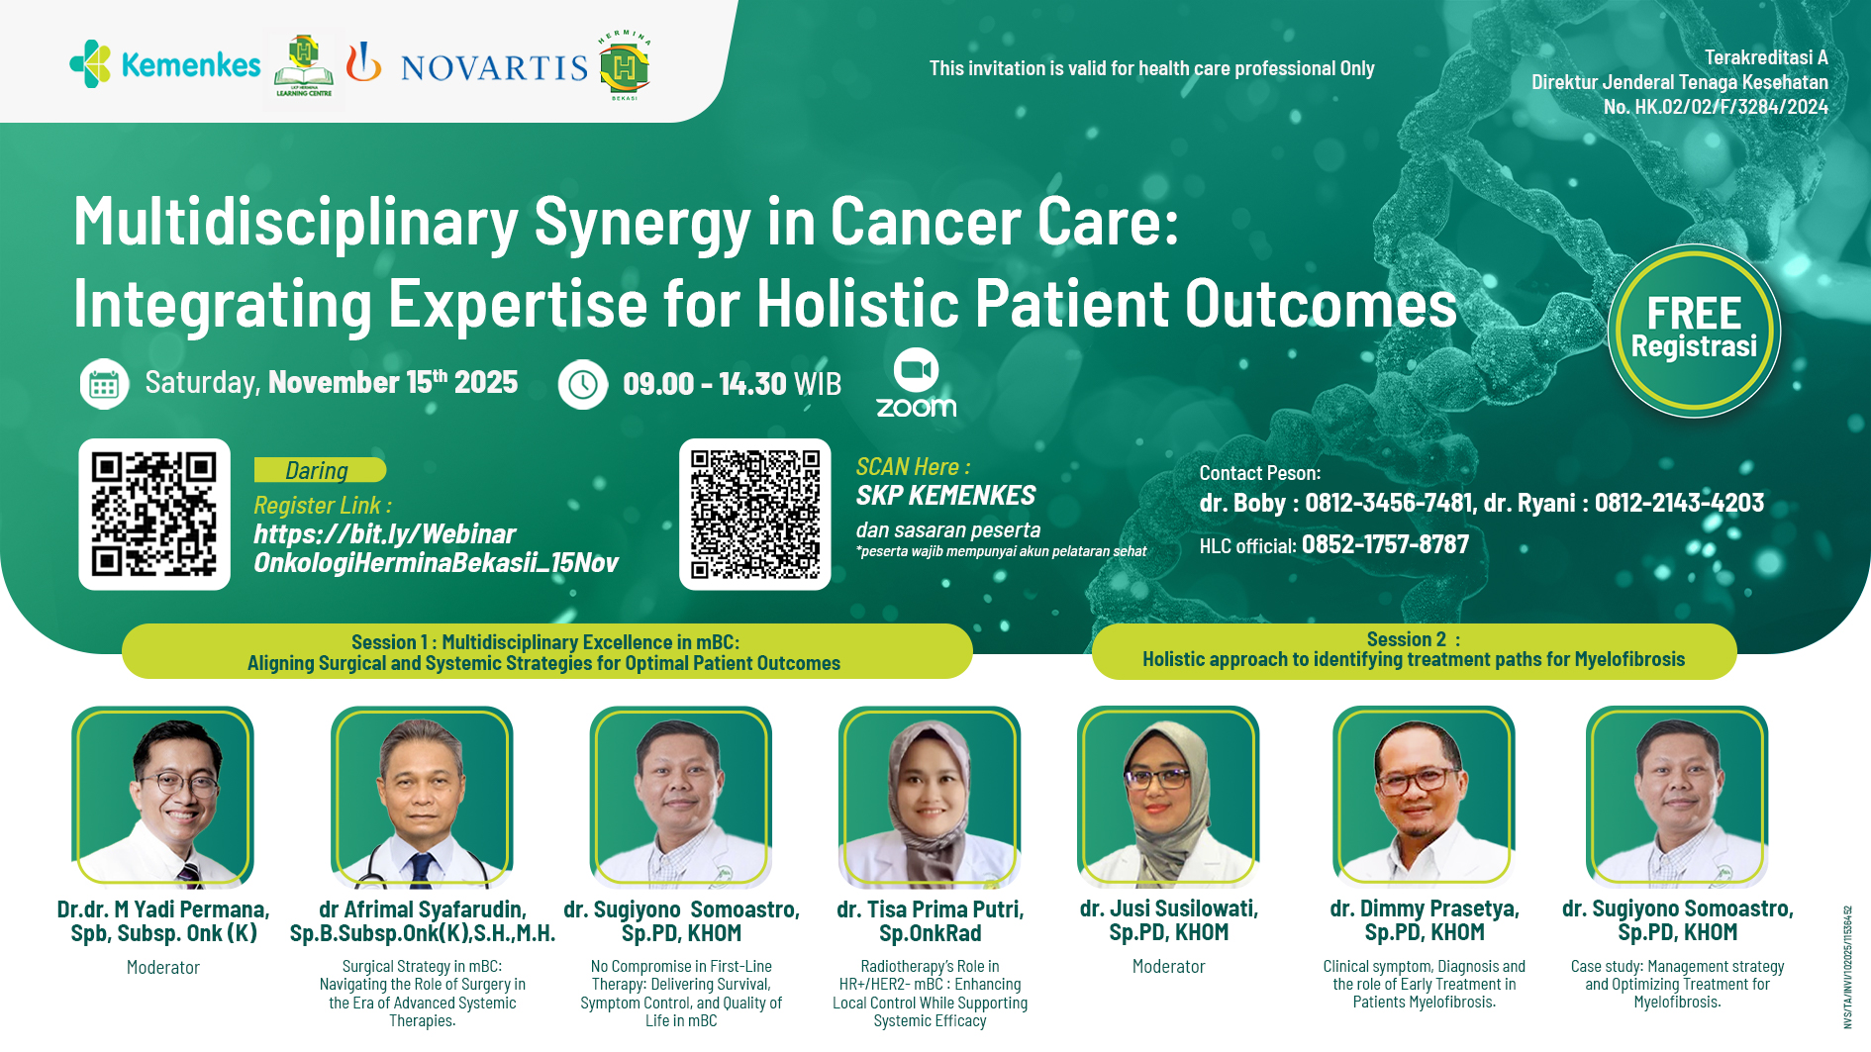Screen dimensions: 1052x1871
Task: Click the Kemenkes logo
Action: (164, 65)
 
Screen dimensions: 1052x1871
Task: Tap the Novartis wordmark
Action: (494, 67)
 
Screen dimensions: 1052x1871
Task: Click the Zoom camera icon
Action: (916, 370)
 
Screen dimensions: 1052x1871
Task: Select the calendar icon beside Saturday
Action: (104, 384)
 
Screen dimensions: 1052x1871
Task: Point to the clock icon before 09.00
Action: (582, 384)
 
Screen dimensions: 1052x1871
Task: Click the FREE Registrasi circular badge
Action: (1694, 331)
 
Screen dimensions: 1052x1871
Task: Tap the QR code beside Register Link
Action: (154, 514)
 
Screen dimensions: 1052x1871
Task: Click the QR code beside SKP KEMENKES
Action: (754, 514)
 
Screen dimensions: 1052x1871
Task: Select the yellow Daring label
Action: (319, 470)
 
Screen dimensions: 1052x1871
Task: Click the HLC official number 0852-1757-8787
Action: (1385, 544)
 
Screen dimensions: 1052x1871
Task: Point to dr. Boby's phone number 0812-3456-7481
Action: (1389, 503)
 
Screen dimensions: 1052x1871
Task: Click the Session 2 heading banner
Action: (1414, 650)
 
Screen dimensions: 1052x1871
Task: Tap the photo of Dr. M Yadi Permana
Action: (163, 797)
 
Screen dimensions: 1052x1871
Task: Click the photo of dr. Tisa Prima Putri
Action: (930, 797)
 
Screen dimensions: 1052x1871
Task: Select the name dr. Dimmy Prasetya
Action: (1424, 909)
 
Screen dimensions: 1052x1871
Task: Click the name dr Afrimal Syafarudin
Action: (423, 909)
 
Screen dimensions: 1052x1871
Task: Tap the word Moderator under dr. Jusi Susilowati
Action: (1168, 967)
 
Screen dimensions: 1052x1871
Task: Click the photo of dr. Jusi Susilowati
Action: (1168, 797)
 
